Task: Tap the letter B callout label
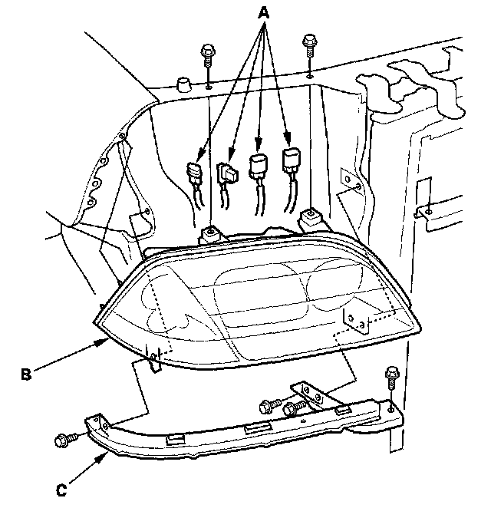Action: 26,374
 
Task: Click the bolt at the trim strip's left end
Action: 63,440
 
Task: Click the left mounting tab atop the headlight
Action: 209,233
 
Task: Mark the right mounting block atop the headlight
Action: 310,219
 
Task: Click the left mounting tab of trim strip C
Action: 95,423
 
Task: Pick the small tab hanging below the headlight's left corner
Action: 154,360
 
